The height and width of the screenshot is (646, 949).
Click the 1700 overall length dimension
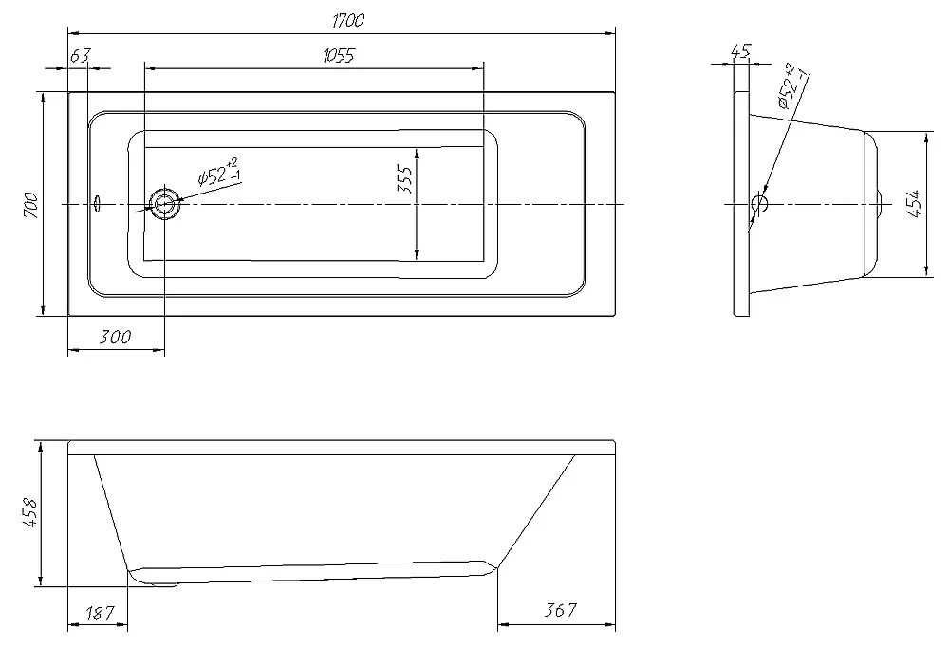pyautogui.click(x=348, y=21)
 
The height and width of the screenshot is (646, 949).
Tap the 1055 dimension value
pyautogui.click(x=339, y=56)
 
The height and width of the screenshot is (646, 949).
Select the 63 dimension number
pyautogui.click(x=80, y=56)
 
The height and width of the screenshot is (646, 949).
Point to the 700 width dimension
pyautogui.click(x=32, y=206)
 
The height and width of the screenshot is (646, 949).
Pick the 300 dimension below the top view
pyautogui.click(x=115, y=337)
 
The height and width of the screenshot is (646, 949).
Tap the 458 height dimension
pyautogui.click(x=29, y=513)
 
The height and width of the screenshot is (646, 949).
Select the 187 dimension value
pyautogui.click(x=100, y=614)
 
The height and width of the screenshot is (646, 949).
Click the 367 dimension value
pyautogui.click(x=560, y=610)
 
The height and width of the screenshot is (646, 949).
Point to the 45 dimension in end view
pyautogui.click(x=741, y=51)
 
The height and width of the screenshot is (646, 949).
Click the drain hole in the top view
pyautogui.click(x=164, y=204)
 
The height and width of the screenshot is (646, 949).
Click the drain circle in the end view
pyautogui.click(x=759, y=203)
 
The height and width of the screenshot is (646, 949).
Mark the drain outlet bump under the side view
pyautogui.click(x=162, y=584)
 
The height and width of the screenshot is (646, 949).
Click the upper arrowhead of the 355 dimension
pyautogui.click(x=417, y=153)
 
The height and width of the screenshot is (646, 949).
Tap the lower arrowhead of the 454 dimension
pyautogui.click(x=926, y=269)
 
